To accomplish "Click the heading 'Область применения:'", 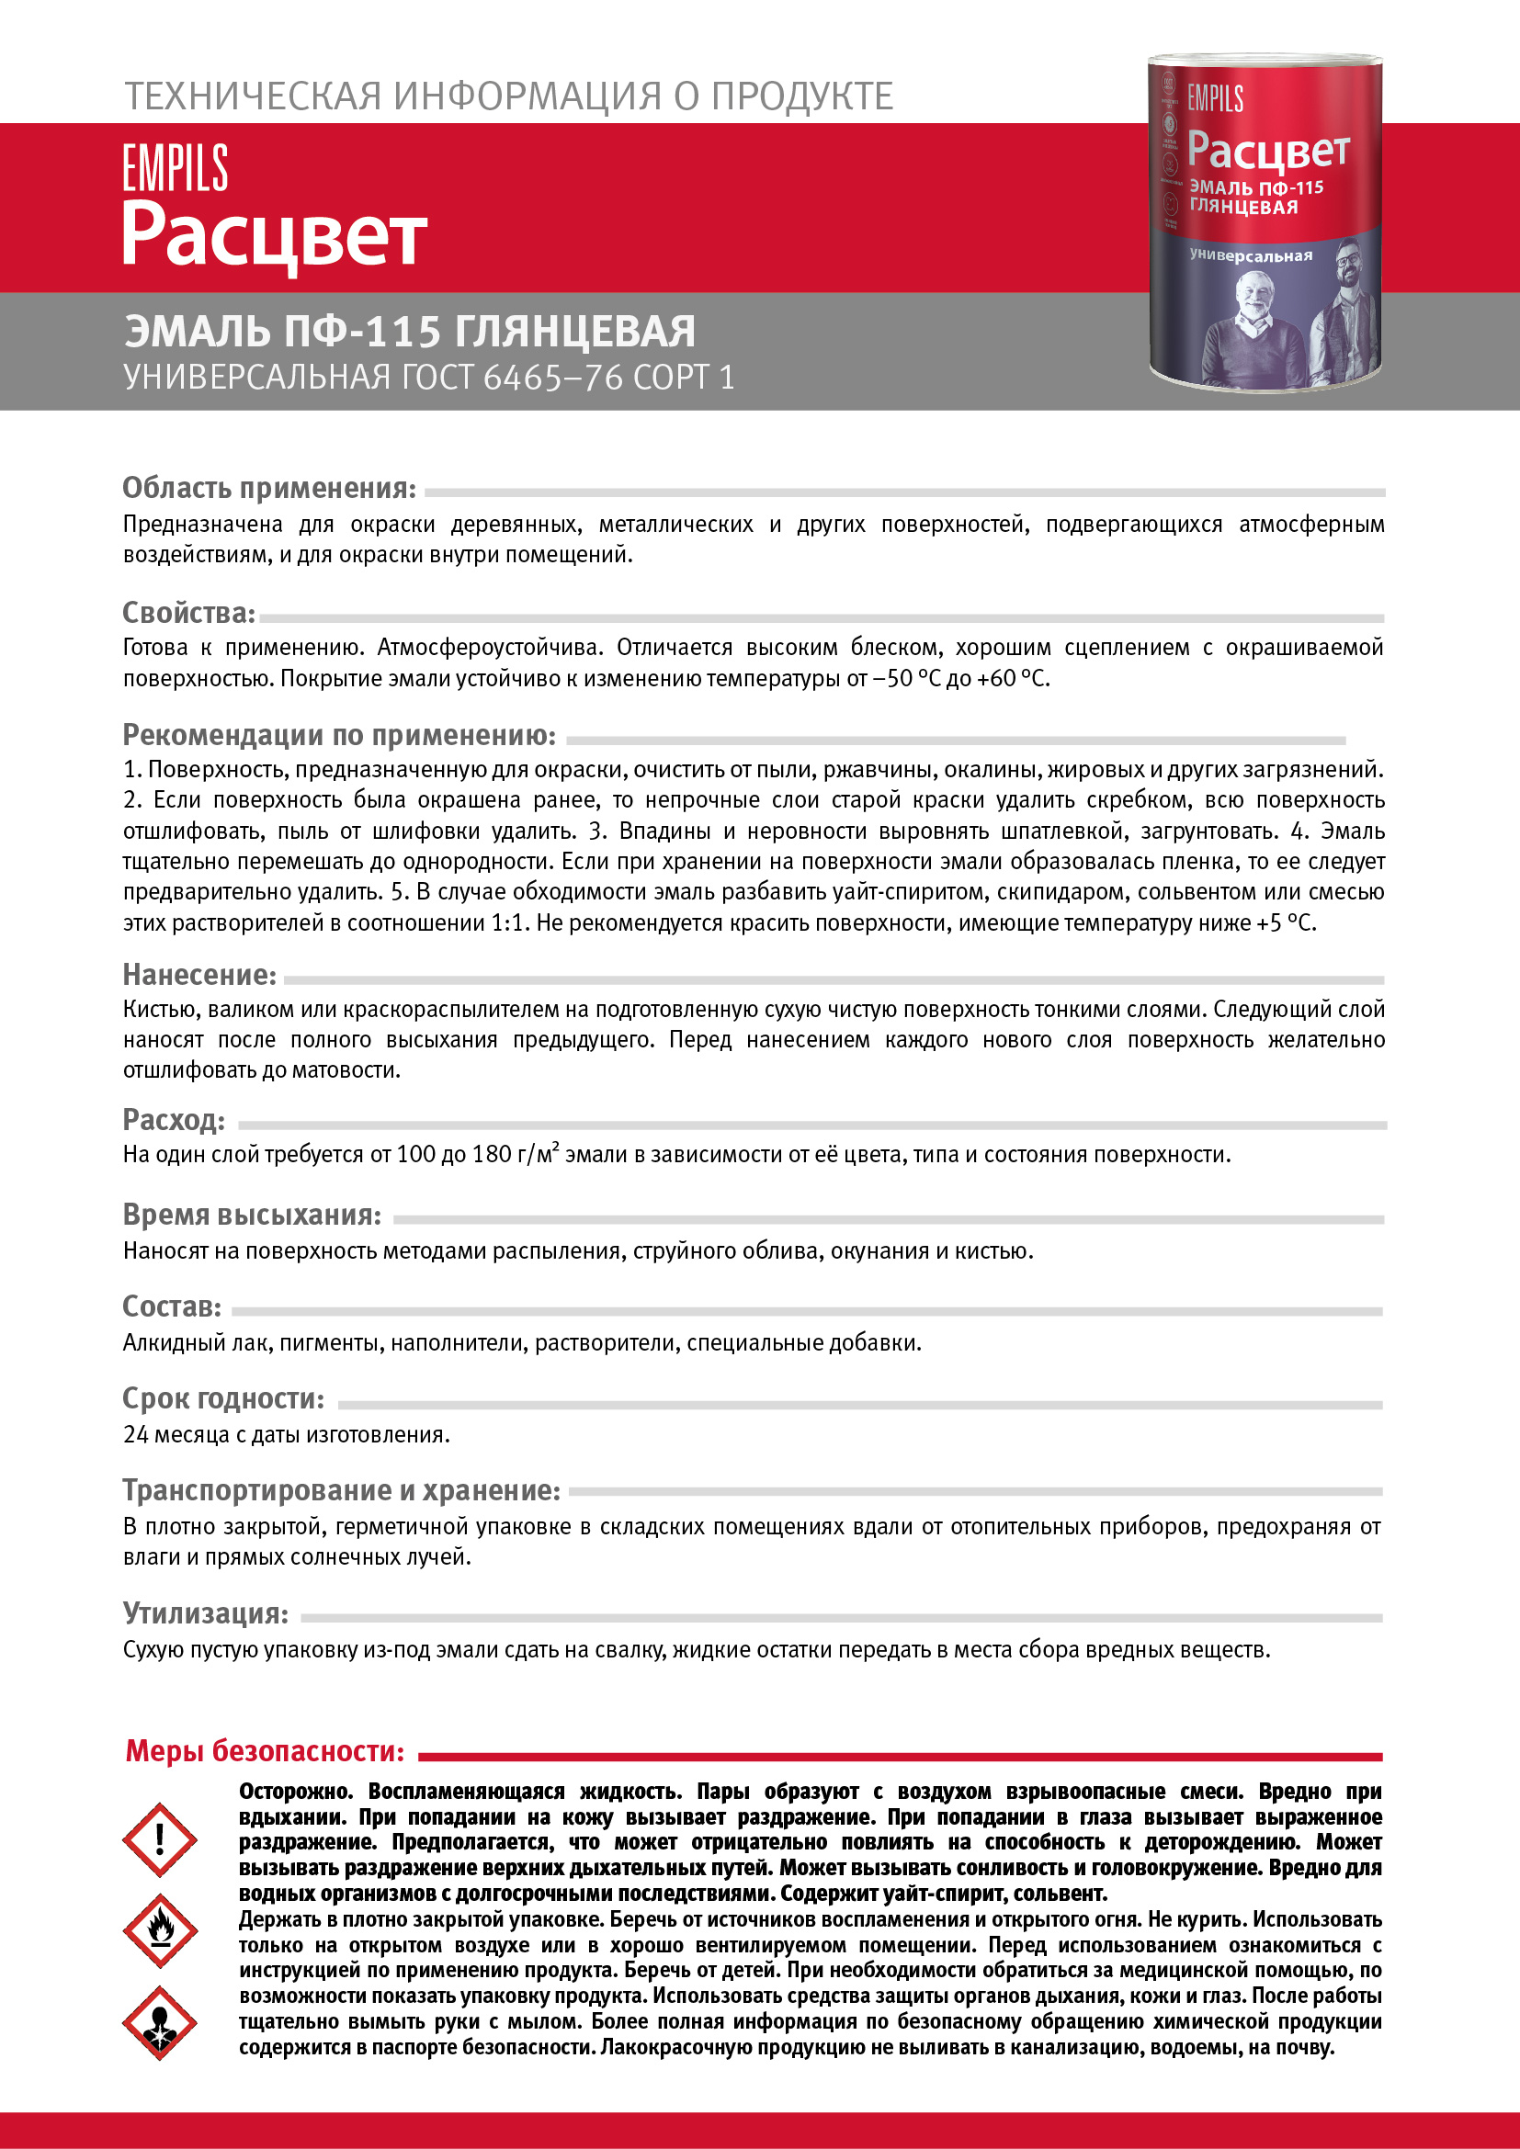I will point(269,488).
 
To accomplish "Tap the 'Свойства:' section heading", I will point(189,613).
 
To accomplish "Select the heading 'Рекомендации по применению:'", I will point(340,735).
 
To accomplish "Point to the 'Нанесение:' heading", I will point(199,976).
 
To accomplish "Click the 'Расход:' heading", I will point(174,1119).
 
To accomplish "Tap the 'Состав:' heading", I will point(172,1306).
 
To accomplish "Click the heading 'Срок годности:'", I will point(223,1398).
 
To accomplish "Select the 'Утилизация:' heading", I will point(206,1612).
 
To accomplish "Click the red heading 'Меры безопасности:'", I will point(266,1750).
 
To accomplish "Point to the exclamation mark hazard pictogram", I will point(160,1840).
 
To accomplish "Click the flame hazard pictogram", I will point(160,1931).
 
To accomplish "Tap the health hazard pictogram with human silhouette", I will point(160,2022).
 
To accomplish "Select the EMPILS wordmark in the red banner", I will point(175,168).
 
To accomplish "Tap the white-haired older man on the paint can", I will point(1253,328).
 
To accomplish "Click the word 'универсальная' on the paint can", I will point(1251,255).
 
